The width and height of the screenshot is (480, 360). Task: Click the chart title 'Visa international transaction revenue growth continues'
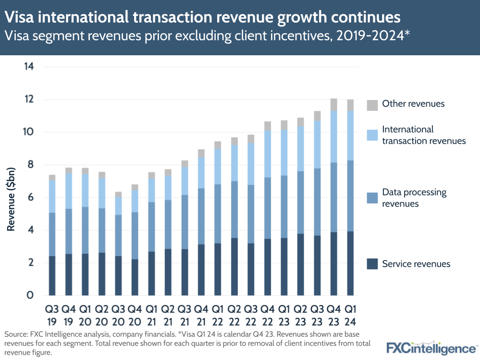click(x=202, y=17)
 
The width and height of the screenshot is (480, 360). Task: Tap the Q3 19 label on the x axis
click(x=52, y=314)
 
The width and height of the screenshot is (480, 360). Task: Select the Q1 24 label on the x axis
click(x=350, y=314)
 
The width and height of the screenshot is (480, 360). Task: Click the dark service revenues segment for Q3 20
click(x=118, y=276)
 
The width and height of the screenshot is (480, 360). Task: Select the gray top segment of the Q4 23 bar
click(x=334, y=105)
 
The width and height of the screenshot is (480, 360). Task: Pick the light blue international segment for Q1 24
click(x=350, y=136)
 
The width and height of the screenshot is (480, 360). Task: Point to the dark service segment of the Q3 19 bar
click(x=52, y=276)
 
